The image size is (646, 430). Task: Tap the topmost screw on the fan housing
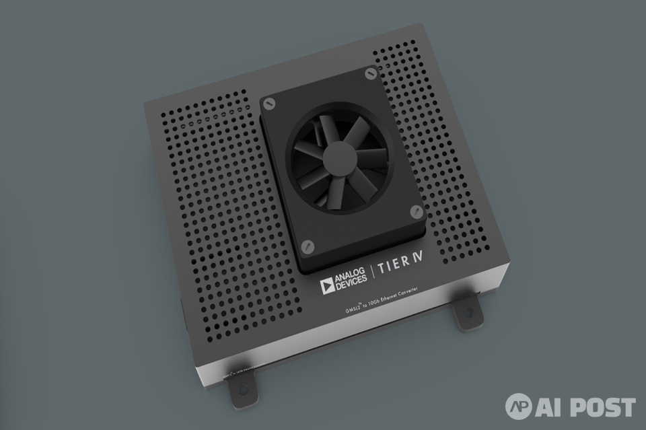point(369,73)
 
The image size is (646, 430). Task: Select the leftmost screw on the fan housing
point(270,103)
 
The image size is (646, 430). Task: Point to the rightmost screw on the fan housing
point(415,212)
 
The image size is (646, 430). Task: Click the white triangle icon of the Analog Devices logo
point(328,285)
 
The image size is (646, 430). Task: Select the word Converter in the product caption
point(404,292)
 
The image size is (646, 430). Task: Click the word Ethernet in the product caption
point(380,297)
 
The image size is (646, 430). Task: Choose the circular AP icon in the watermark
point(519,406)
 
